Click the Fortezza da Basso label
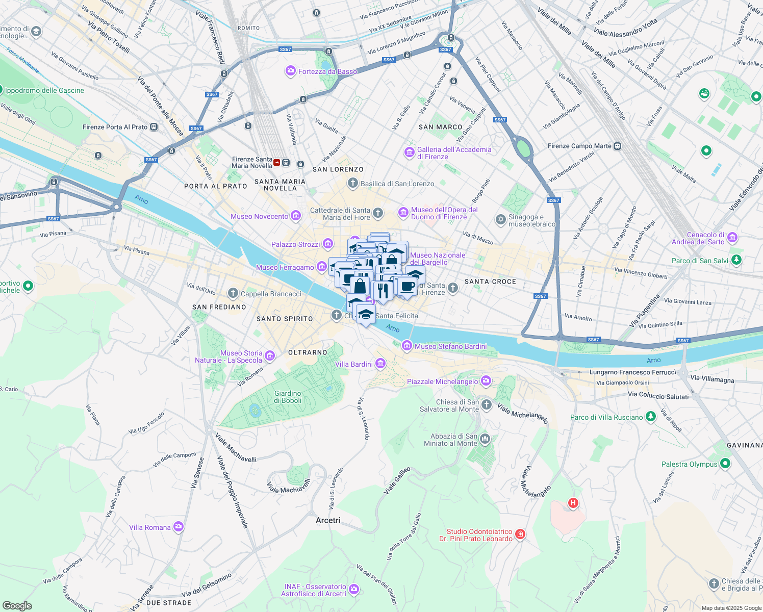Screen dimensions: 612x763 [327, 71]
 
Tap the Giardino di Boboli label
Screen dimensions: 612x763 [288, 397]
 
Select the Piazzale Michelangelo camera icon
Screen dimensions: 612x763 [486, 381]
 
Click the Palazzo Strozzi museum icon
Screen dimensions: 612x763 [328, 244]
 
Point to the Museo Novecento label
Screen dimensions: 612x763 [259, 216]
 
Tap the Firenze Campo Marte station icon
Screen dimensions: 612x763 [618, 146]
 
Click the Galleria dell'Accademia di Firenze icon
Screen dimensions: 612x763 [409, 152]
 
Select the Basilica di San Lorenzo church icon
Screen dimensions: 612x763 [352, 183]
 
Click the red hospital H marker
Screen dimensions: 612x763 [573, 503]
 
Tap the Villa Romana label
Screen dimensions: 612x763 [149, 527]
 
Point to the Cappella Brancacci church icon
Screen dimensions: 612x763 [233, 293]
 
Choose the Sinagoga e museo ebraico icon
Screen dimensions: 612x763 [500, 219]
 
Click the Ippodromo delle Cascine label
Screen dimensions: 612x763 [44, 90]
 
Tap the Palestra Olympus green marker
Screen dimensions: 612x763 [725, 464]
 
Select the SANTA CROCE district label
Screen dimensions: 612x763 [490, 282]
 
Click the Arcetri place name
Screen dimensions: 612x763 [328, 520]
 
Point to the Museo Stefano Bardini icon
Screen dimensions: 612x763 [407, 346]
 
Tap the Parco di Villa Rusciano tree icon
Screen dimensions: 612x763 [650, 417]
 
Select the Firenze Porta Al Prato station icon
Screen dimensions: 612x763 [154, 127]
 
